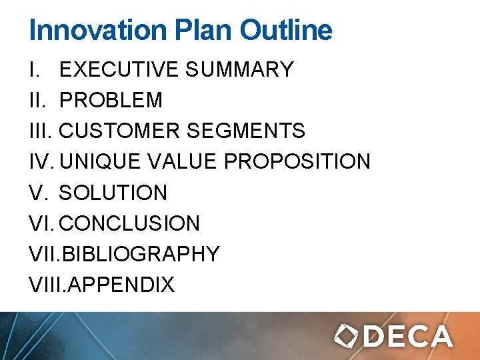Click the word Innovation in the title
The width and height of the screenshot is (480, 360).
(x=96, y=31)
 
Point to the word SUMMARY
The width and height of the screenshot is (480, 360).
(x=239, y=69)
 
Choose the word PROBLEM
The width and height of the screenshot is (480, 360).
(x=111, y=100)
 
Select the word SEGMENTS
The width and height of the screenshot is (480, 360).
(x=245, y=131)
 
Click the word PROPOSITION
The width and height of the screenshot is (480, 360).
(x=297, y=161)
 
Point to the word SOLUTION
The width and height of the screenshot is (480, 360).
(x=113, y=193)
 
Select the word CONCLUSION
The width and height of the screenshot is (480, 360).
(x=129, y=223)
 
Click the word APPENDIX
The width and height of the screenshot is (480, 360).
(x=121, y=285)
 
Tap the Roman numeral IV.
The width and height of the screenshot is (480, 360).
(x=41, y=161)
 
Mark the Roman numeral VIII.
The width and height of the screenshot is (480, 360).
(x=47, y=285)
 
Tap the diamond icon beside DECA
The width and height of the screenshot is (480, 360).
(x=347, y=337)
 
